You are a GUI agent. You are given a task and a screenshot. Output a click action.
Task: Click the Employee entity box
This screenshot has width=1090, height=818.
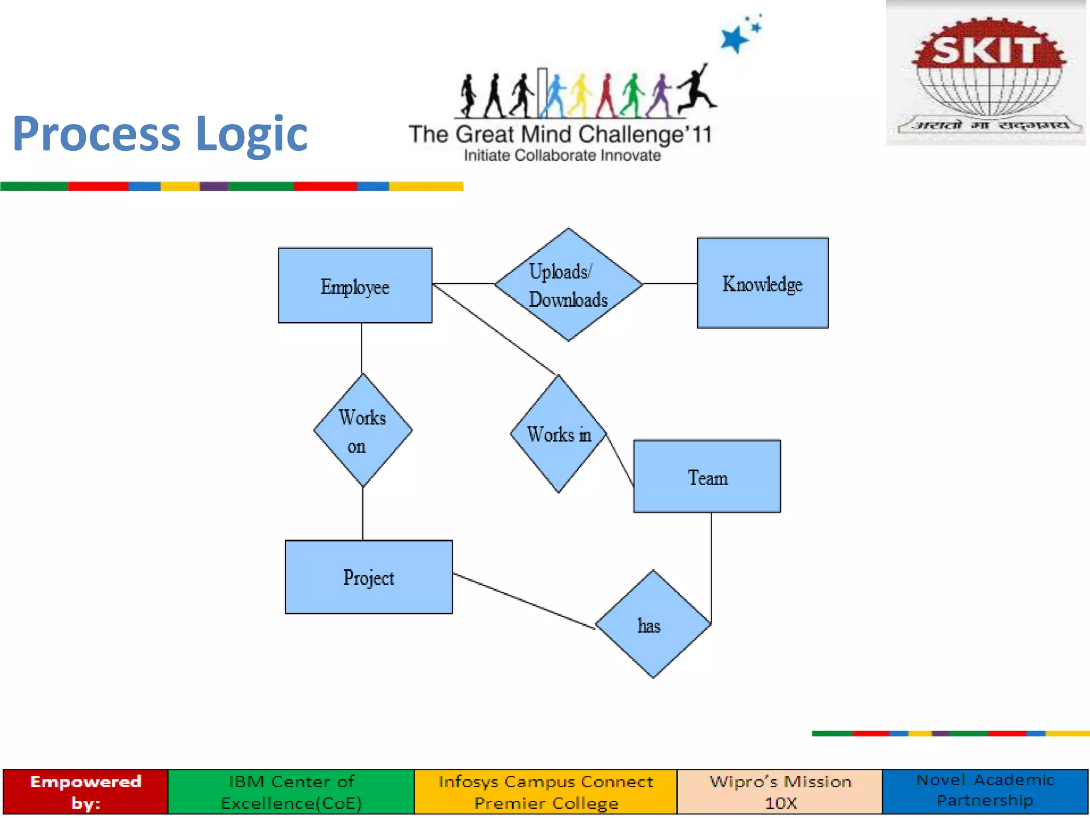point(355,285)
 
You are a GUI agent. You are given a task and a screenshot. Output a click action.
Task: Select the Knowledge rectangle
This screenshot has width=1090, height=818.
point(762,283)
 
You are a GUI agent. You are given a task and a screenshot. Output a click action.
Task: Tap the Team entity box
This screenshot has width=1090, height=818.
point(707,476)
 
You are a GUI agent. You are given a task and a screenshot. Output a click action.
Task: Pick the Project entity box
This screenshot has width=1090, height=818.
point(368,577)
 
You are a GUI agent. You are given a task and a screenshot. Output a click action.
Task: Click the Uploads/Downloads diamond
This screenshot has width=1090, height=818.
point(568,284)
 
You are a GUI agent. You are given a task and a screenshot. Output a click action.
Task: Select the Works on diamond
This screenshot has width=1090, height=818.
point(362,430)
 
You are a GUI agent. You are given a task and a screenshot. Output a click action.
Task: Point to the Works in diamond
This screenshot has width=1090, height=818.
point(558,434)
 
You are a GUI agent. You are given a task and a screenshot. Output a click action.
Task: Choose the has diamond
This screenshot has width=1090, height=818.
point(653,624)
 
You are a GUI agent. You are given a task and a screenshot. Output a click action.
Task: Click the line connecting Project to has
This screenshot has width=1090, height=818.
point(524,601)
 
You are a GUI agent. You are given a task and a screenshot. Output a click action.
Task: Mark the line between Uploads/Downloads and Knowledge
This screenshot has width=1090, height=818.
point(670,283)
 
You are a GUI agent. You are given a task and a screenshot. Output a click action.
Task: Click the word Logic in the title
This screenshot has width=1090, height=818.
point(251,134)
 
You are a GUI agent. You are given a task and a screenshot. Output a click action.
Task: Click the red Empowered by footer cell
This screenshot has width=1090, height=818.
point(85,791)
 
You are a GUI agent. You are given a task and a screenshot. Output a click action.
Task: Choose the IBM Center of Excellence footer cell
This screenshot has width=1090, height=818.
point(291,791)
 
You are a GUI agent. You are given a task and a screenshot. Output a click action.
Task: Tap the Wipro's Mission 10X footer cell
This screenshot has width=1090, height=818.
point(780,791)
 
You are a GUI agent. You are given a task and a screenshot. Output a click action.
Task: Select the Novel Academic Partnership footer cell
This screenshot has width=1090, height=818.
point(985,790)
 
